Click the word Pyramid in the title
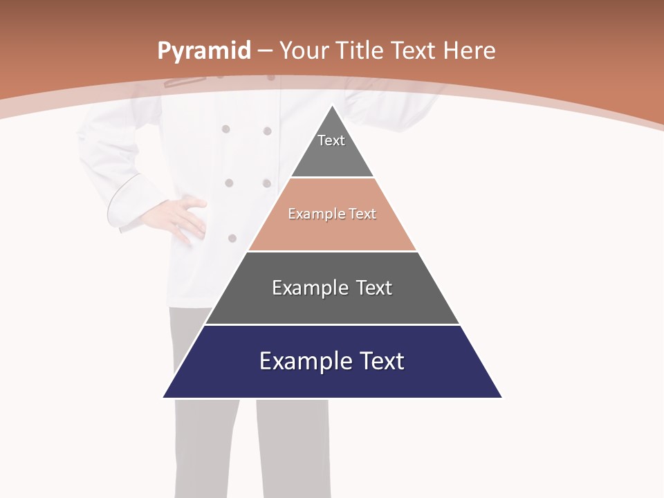point(203,51)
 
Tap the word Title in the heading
point(360,51)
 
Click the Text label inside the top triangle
point(331,140)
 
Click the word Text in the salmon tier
point(362,214)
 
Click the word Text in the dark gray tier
point(374,288)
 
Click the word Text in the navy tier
point(381,361)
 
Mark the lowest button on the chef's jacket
point(232,238)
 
